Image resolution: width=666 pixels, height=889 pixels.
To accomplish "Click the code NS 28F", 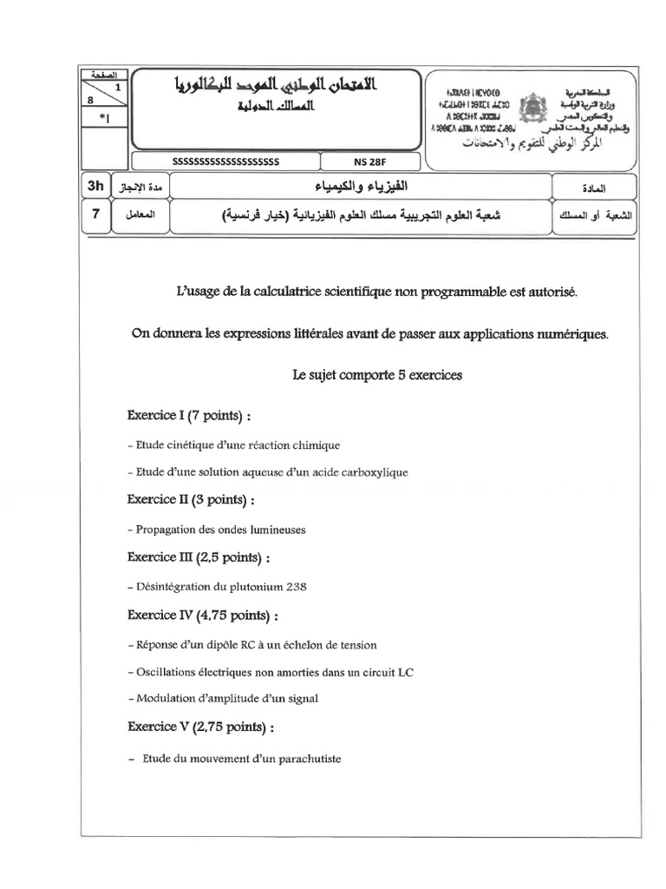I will [370, 161].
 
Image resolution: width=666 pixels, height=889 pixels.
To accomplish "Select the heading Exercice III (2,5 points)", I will [199, 556].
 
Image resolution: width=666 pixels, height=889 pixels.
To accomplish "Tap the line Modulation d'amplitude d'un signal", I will [223, 699].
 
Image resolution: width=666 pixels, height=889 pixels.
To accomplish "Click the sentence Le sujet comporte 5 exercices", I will [378, 375].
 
